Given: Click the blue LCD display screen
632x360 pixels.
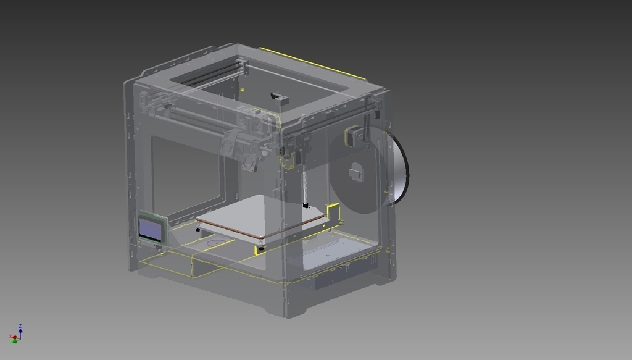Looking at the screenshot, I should click(151, 230).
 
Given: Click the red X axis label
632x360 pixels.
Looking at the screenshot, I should click(10, 337).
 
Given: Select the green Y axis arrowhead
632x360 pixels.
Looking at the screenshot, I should click(14, 341).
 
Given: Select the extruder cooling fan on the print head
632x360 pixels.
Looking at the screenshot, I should click(251, 162).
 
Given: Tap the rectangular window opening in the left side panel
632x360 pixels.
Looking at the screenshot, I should click(185, 173).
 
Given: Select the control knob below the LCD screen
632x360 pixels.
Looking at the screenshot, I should click(159, 247).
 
